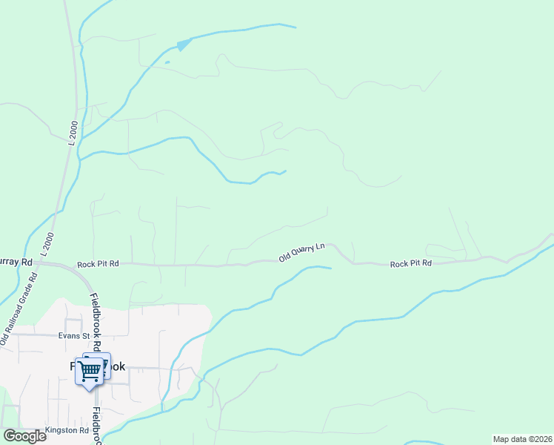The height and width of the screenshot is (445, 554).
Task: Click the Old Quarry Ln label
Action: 301,252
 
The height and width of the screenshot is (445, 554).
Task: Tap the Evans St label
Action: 74,336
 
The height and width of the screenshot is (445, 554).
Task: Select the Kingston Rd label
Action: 67,430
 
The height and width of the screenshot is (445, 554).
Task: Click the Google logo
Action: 24,436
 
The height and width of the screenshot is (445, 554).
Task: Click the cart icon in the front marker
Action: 90,369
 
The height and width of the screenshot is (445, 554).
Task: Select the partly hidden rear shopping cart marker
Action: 104,360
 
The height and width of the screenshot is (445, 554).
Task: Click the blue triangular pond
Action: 183,46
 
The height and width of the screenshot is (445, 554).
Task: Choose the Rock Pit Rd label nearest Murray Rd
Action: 98,265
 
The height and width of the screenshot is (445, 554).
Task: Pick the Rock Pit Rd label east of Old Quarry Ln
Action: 410,263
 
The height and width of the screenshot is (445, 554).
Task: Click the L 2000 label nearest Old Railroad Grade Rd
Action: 49,244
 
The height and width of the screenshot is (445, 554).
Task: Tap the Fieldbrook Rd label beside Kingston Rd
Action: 97,425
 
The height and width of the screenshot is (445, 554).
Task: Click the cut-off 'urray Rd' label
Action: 16,262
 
